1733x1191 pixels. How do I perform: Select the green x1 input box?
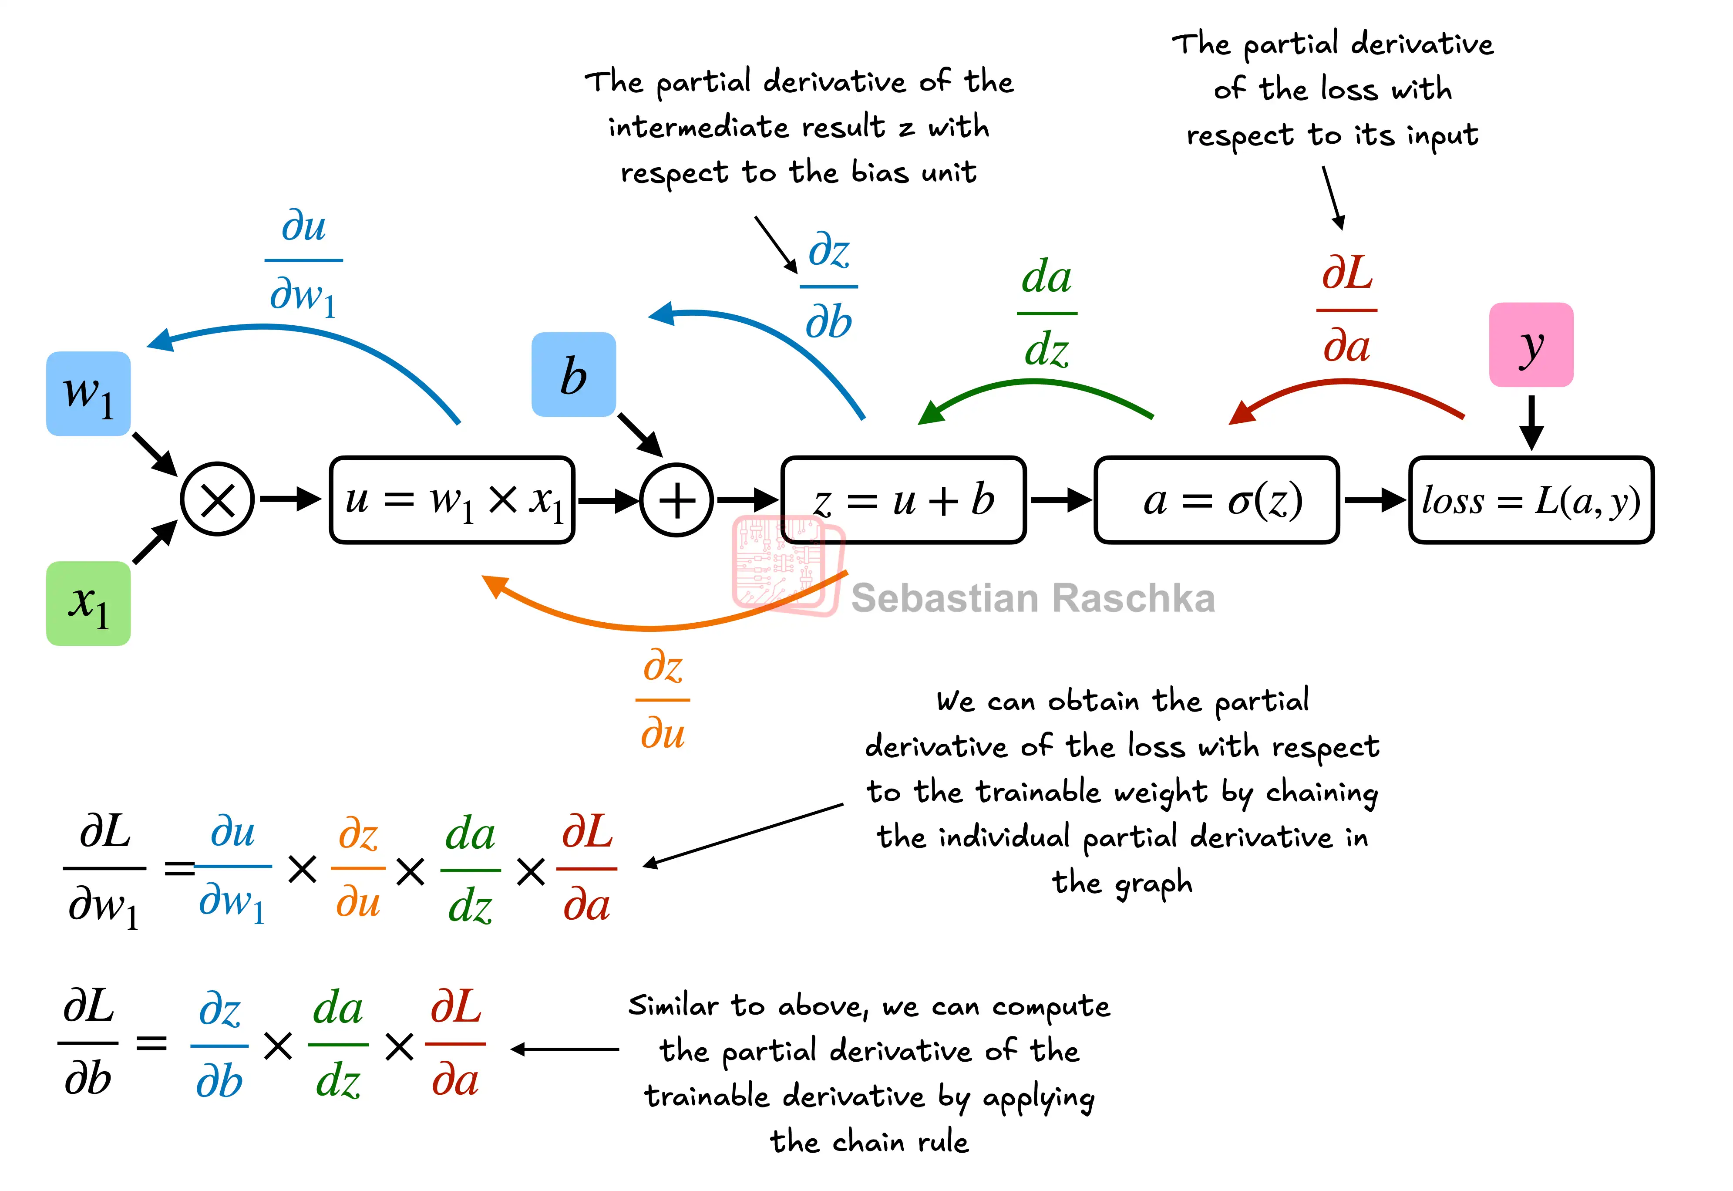click(x=88, y=603)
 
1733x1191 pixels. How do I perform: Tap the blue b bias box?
click(x=573, y=374)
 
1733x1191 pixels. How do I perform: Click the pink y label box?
click(x=1531, y=345)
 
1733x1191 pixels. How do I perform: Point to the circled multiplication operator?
click(x=217, y=499)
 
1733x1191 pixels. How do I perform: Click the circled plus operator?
click(x=676, y=499)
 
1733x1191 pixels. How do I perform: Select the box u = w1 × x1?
click(x=452, y=499)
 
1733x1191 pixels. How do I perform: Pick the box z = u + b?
click(x=903, y=499)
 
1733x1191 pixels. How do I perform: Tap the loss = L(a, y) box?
click(x=1531, y=499)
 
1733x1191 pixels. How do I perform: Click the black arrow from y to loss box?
click(x=1531, y=422)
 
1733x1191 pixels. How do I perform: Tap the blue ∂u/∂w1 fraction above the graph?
click(x=303, y=261)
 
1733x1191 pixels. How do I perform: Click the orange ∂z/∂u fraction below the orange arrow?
click(x=663, y=699)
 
